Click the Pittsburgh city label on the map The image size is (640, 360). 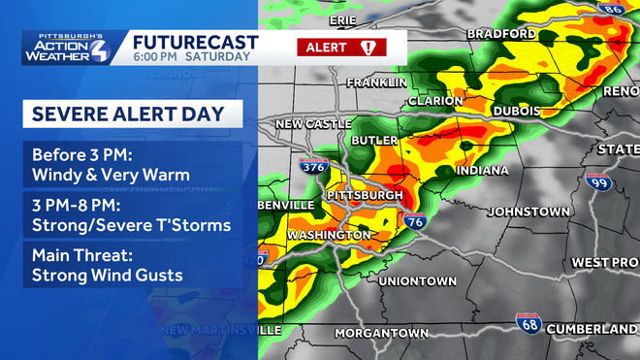pyautogui.click(x=366, y=195)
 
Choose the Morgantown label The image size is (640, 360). pyautogui.click(x=381, y=333)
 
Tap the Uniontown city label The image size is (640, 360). pyautogui.click(x=416, y=281)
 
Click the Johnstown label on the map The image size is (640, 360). pyautogui.click(x=528, y=211)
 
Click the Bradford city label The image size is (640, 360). pyautogui.click(x=500, y=34)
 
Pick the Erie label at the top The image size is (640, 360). pyautogui.click(x=342, y=19)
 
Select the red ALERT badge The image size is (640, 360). pyautogui.click(x=341, y=47)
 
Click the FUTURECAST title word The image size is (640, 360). pyautogui.click(x=196, y=42)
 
